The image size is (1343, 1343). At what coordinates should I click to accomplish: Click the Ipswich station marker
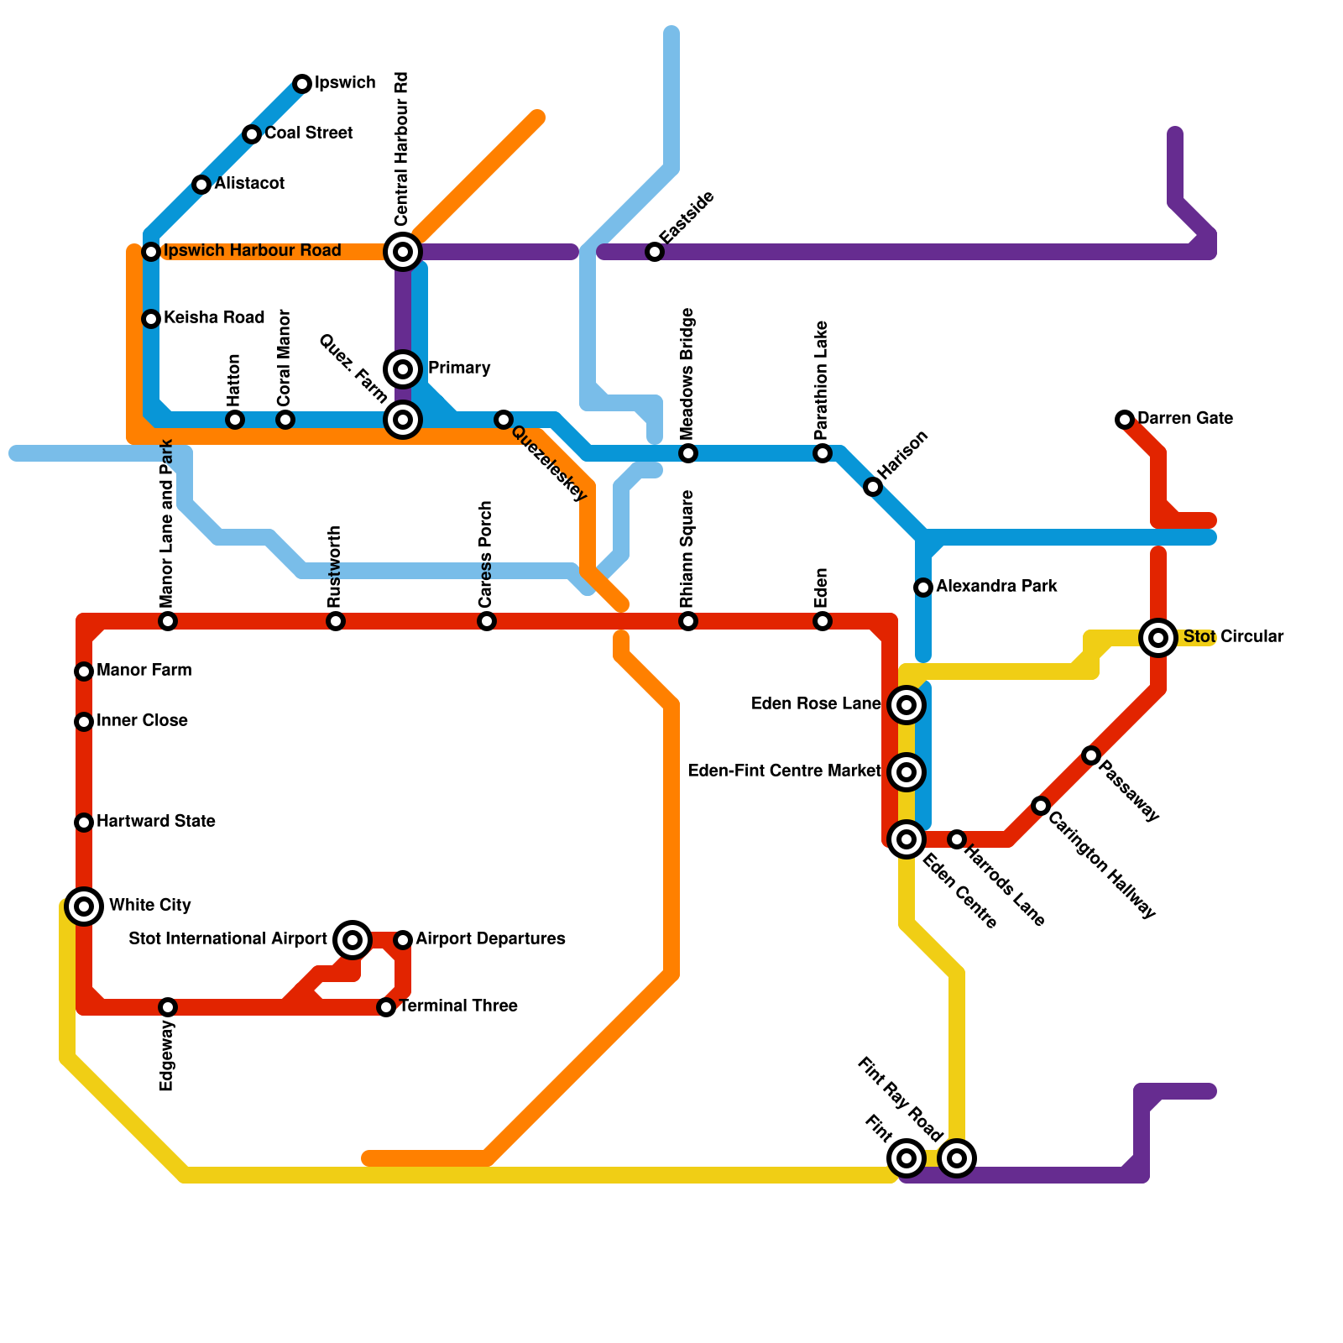(302, 83)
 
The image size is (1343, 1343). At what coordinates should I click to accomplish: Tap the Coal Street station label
(308, 133)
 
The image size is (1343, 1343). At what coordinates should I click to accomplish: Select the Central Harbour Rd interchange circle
(403, 251)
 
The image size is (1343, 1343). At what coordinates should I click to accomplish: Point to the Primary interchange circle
(403, 368)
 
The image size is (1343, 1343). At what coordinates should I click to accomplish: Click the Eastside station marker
(655, 251)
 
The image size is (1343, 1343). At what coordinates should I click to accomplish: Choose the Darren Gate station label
(1184, 418)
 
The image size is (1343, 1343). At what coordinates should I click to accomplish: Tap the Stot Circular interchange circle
(1158, 638)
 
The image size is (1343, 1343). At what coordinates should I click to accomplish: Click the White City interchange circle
(84, 906)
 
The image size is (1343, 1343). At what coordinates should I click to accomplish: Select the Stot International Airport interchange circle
(353, 939)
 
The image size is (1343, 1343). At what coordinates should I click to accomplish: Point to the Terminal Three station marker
(386, 1006)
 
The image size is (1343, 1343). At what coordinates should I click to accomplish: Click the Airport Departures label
(490, 938)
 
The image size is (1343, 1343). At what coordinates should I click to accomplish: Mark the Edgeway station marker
(168, 1006)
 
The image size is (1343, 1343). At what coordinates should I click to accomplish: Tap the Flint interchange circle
(906, 1158)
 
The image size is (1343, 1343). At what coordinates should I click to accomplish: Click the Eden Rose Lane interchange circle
(907, 705)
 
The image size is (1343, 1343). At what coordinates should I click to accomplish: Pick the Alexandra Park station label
(996, 586)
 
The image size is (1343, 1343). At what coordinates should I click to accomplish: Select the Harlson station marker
(873, 487)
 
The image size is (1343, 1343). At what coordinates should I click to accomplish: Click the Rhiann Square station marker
(688, 621)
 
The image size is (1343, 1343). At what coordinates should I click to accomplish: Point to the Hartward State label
(155, 821)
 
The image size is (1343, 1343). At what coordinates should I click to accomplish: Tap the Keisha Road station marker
(151, 318)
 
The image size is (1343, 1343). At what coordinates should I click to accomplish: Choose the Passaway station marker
(1090, 755)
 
